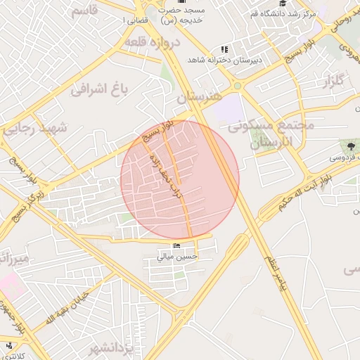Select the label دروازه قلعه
pos(153,42)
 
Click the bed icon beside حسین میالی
pos(176,245)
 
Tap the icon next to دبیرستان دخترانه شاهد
pos(224,49)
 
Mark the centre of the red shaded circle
pos(180,179)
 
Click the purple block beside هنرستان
pos(229,109)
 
